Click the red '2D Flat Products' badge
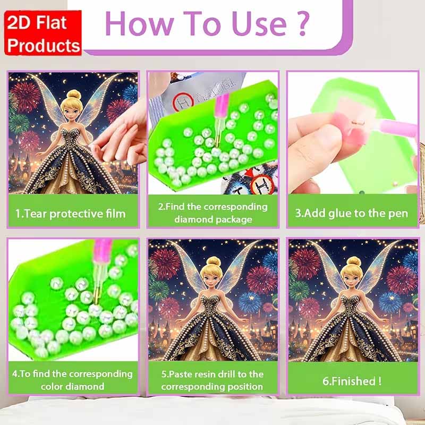(43, 33)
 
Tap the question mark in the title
(303, 24)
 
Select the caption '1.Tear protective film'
(71, 214)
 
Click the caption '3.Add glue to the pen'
(352, 214)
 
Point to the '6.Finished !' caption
(352, 381)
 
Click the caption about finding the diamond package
(213, 213)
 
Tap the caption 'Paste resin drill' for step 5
(212, 380)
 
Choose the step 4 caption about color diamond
(72, 380)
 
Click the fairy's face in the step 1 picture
(72, 110)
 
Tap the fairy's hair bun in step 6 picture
(354, 261)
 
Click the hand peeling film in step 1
(121, 135)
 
